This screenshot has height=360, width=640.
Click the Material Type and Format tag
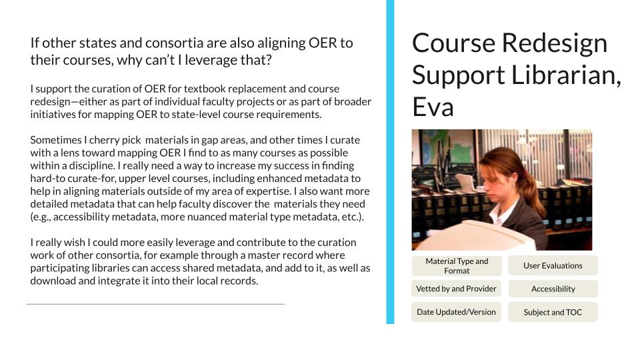point(456,266)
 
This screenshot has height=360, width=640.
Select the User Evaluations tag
point(553,266)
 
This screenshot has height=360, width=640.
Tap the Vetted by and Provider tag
point(456,289)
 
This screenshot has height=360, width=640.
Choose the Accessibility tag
point(553,289)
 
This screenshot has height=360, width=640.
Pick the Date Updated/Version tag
point(456,312)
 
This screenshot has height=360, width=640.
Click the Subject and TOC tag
point(553,312)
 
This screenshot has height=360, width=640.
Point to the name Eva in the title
point(433,107)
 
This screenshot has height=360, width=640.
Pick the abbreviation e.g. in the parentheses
point(41,217)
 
